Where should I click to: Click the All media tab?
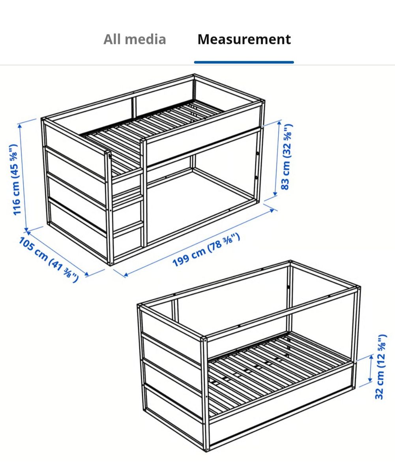coord(135,39)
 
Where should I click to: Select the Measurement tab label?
coord(244,39)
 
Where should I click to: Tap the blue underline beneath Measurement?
coord(244,62)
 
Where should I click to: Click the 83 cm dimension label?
coord(287,157)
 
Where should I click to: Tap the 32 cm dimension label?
coord(381,367)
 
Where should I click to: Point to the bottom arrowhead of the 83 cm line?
coord(275,194)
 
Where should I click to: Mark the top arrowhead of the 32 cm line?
coord(371,356)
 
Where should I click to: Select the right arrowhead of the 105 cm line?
coord(87,274)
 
